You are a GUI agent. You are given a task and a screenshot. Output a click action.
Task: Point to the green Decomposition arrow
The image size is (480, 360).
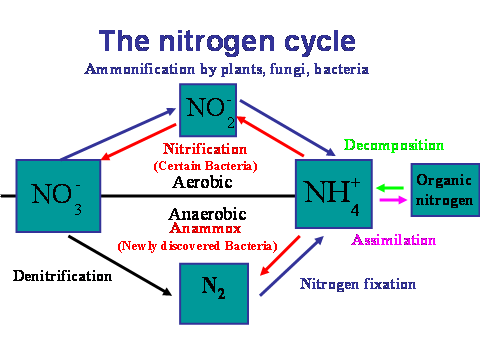pyautogui.click(x=391, y=187)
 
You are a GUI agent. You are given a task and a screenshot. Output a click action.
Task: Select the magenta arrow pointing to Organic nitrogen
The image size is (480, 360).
pyautogui.click(x=391, y=199)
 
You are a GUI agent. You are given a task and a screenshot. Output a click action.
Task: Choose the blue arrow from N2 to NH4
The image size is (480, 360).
pyautogui.click(x=290, y=266)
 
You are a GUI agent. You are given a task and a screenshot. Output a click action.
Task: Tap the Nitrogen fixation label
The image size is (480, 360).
pyautogui.click(x=357, y=284)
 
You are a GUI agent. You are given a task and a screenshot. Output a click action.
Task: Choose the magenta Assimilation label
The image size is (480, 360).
pyautogui.click(x=392, y=240)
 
